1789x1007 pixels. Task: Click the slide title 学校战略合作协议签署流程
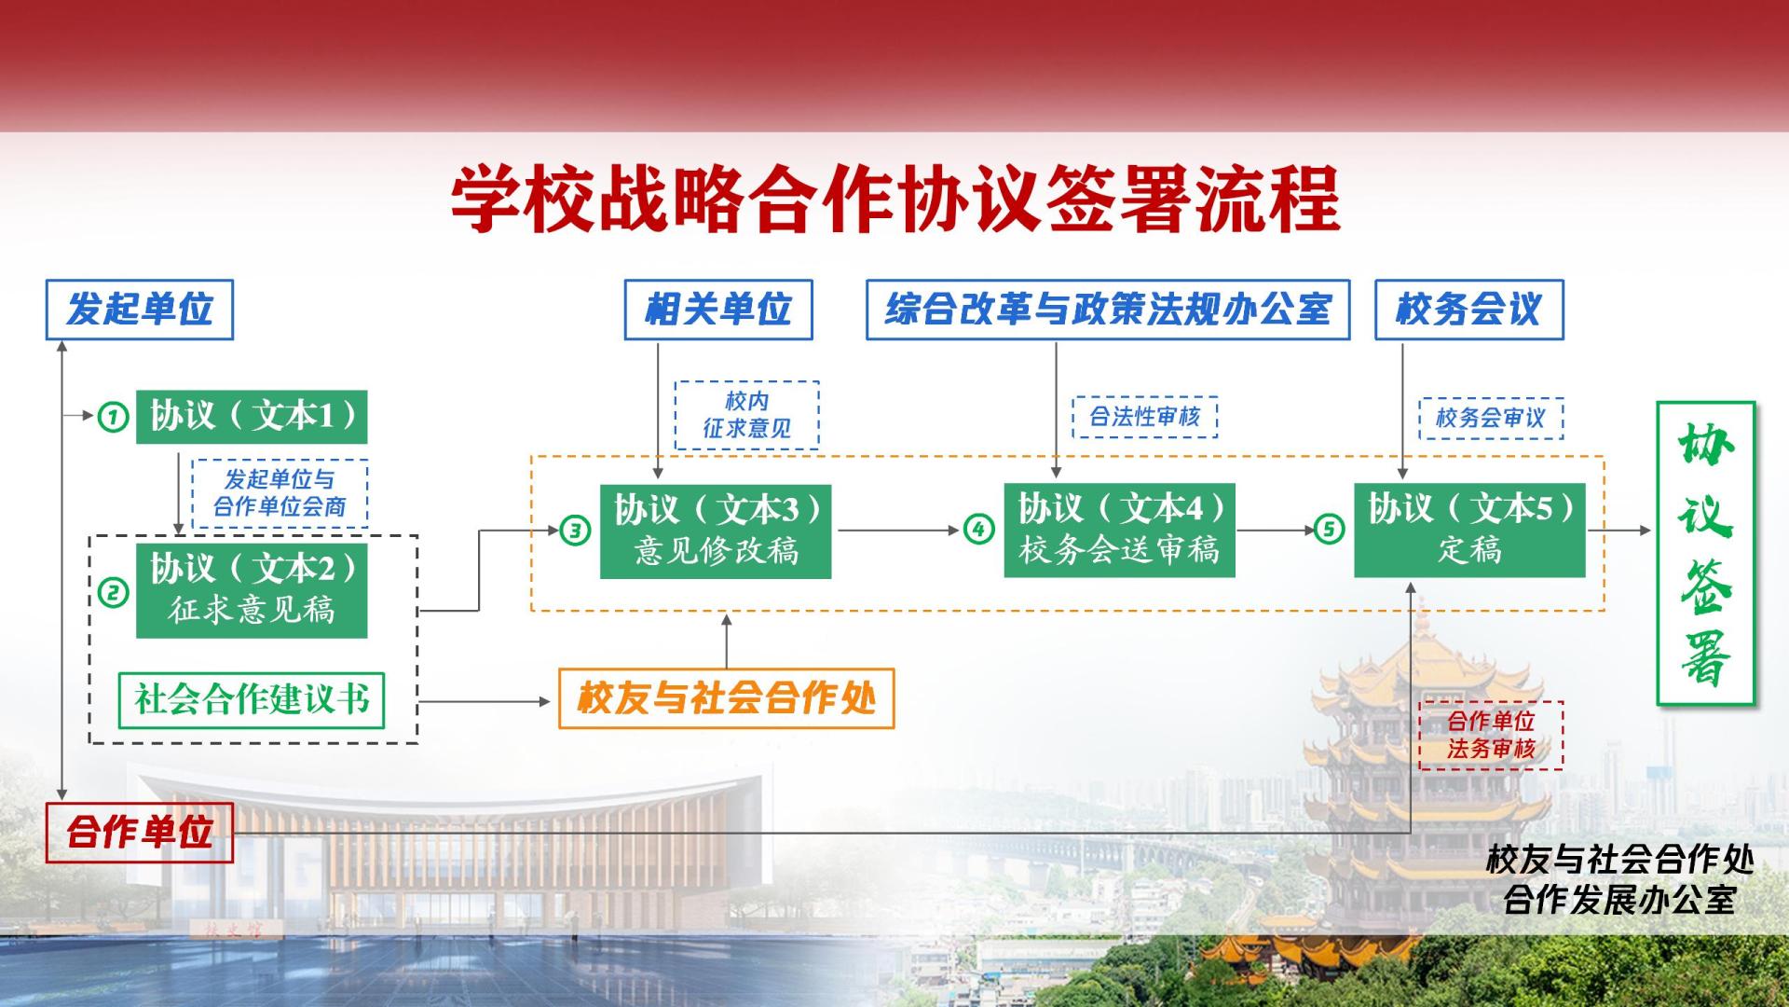pos(895,199)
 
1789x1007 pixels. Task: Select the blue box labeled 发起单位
pos(140,310)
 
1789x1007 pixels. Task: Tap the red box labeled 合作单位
pos(140,833)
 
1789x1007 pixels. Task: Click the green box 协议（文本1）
pos(252,417)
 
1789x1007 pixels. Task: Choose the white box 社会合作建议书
pos(252,700)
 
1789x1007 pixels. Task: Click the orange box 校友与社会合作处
pos(726,698)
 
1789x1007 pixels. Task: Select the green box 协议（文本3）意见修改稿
pos(716,531)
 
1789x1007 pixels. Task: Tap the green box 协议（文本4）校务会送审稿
pos(1119,531)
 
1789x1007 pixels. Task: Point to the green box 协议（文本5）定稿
pos(1469,531)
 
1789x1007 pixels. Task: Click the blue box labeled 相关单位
pos(718,310)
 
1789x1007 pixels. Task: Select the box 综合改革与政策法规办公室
pos(1108,310)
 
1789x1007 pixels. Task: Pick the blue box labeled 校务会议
pos(1469,310)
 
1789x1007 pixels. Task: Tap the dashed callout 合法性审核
pos(1145,417)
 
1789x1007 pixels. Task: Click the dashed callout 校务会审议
pos(1491,419)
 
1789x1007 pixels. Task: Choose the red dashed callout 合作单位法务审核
pos(1491,736)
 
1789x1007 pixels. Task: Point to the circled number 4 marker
pos(978,530)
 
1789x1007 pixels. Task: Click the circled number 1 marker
pos(113,416)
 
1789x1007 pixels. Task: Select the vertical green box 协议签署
pos(1705,554)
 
